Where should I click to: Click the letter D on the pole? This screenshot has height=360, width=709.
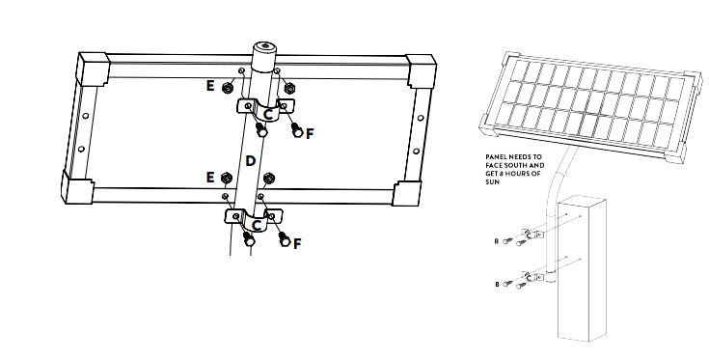(251, 161)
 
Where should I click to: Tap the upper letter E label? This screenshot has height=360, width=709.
(210, 86)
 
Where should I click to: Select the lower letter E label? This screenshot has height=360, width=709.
(210, 178)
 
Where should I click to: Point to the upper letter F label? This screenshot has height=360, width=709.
(310, 134)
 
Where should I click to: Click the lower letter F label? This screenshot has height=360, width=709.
(297, 244)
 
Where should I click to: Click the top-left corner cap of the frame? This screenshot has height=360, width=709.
(94, 69)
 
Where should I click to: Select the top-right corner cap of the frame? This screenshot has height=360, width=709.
(422, 71)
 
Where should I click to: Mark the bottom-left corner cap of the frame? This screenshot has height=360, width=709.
(77, 187)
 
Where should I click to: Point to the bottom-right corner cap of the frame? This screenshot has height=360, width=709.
(407, 194)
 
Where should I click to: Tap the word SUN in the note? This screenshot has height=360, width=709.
(492, 181)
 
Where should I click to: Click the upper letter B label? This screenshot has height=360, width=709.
(497, 241)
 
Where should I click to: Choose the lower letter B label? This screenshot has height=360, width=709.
(497, 285)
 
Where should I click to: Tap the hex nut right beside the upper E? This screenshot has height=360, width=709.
(227, 88)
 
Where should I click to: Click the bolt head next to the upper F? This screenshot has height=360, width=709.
(297, 130)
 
